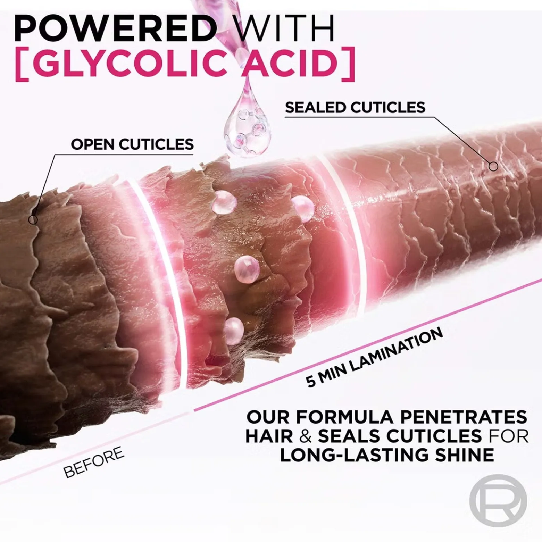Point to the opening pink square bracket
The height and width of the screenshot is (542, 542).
[21, 65]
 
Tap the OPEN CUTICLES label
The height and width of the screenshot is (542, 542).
[132, 144]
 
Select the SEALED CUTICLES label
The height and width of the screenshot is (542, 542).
[355, 107]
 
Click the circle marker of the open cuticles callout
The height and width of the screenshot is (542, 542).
[33, 219]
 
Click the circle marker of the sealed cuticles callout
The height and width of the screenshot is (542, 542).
[493, 167]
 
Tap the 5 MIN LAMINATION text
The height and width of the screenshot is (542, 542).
[374, 357]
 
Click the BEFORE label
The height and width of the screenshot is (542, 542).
[94, 463]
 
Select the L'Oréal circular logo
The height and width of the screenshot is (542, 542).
[498, 501]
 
